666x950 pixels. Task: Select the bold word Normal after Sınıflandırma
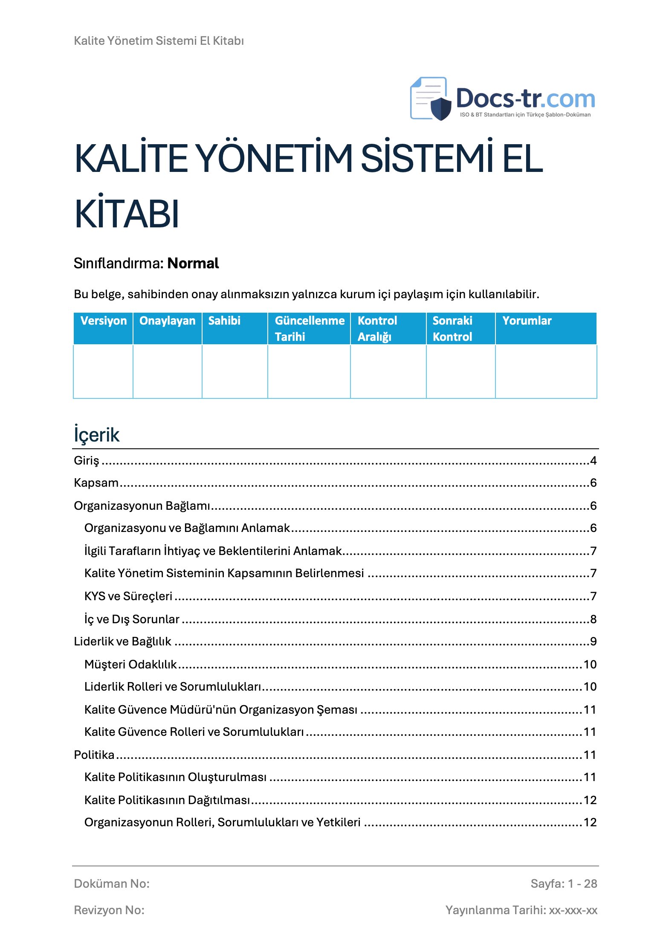click(193, 263)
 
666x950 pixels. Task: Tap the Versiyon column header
click(103, 321)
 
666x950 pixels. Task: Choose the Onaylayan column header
click(167, 321)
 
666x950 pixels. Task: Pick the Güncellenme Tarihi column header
click(309, 328)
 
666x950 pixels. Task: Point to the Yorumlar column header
click(527, 321)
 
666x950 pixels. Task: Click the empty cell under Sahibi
click(235, 371)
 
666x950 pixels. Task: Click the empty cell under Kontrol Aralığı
click(388, 371)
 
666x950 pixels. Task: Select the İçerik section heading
click(97, 435)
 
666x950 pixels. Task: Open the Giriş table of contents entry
click(87, 461)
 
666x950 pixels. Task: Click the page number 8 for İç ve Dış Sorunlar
click(593, 619)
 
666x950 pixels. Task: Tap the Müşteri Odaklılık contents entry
click(130, 664)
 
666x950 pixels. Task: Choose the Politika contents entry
click(94, 755)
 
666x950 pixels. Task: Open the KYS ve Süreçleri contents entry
click(128, 596)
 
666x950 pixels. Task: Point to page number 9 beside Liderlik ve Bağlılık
click(593, 642)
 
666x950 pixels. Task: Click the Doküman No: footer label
click(112, 883)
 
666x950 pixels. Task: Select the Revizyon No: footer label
click(109, 910)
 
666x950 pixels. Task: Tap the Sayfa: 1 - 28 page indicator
click(563, 883)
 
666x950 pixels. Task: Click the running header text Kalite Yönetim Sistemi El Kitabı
click(159, 41)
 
